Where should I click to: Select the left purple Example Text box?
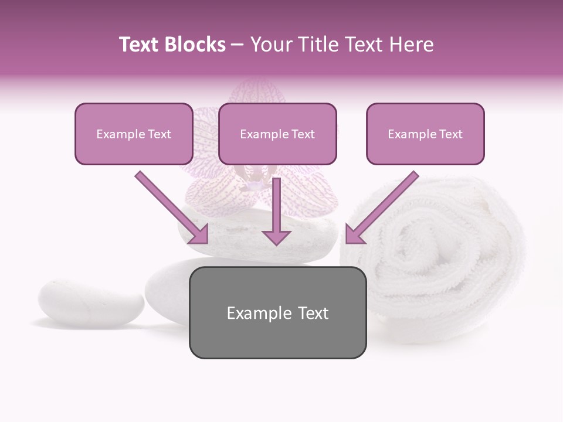tap(134, 134)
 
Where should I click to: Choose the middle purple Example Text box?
tap(277, 134)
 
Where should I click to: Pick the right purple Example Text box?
tap(425, 134)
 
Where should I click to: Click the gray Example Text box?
tap(277, 312)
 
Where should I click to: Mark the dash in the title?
tap(238, 45)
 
